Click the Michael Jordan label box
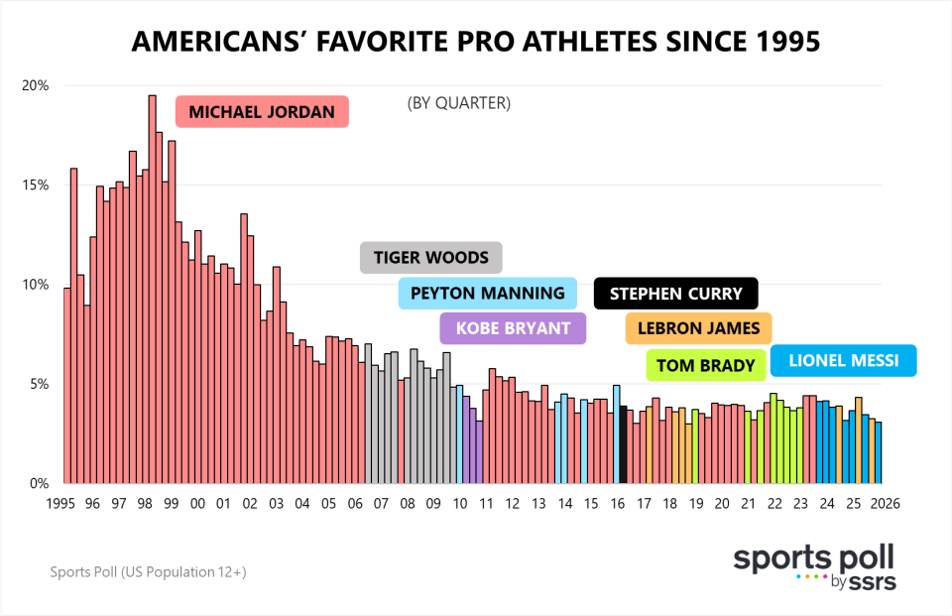click(262, 111)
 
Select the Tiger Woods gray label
click(430, 258)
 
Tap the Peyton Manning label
click(487, 294)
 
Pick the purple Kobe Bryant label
click(513, 328)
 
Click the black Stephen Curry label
click(675, 294)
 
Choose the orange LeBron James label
click(698, 328)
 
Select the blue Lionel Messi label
click(843, 361)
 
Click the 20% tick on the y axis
click(35, 85)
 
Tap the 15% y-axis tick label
click(35, 185)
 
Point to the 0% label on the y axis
click(39, 484)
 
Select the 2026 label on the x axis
click(884, 504)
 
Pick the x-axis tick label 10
click(459, 504)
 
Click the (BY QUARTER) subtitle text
click(458, 103)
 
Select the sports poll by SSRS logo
click(813, 567)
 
